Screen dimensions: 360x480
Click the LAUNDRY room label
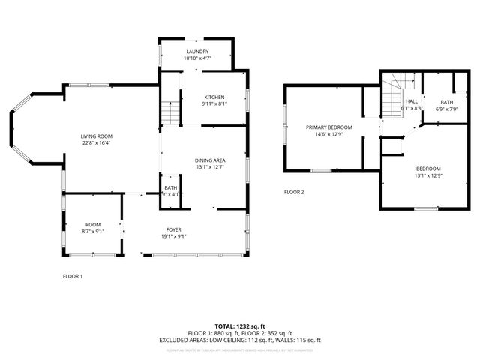click(x=198, y=51)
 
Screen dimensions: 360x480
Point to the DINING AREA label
click(x=210, y=160)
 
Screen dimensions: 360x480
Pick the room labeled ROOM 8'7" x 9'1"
click(x=93, y=225)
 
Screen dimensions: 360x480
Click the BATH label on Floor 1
click(x=171, y=188)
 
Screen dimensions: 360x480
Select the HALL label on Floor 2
click(x=412, y=101)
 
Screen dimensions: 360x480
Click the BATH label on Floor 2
click(x=447, y=102)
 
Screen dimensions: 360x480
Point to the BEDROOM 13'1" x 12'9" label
click(x=427, y=169)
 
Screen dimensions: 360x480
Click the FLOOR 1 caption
click(x=73, y=276)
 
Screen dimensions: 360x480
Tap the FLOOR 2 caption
click(x=294, y=192)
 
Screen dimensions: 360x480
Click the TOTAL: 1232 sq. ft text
click(x=240, y=326)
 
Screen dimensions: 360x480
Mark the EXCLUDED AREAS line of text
click(x=240, y=340)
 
